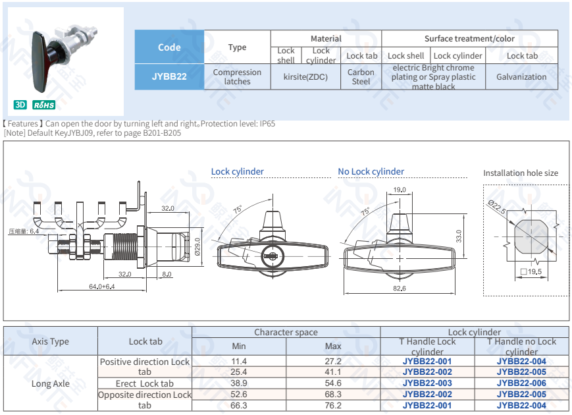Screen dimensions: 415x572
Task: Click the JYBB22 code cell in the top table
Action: click(169, 76)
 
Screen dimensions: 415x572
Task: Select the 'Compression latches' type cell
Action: click(237, 77)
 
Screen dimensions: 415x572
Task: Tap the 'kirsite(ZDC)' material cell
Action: click(306, 77)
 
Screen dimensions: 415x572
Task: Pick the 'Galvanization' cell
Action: click(521, 77)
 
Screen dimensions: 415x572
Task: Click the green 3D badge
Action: click(20, 105)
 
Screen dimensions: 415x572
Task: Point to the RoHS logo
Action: click(44, 105)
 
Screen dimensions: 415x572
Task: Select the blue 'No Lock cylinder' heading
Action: click(371, 172)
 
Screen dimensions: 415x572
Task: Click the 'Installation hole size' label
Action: click(520, 173)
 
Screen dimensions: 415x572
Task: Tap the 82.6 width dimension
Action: click(399, 289)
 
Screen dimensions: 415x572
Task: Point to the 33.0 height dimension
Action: click(459, 235)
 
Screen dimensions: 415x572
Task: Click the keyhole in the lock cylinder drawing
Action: click(272, 254)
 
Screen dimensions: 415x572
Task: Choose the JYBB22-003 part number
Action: click(427, 383)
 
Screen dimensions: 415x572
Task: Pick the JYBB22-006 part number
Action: click(521, 383)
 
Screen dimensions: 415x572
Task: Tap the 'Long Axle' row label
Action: click(50, 383)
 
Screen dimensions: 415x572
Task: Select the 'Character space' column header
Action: click(286, 333)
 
